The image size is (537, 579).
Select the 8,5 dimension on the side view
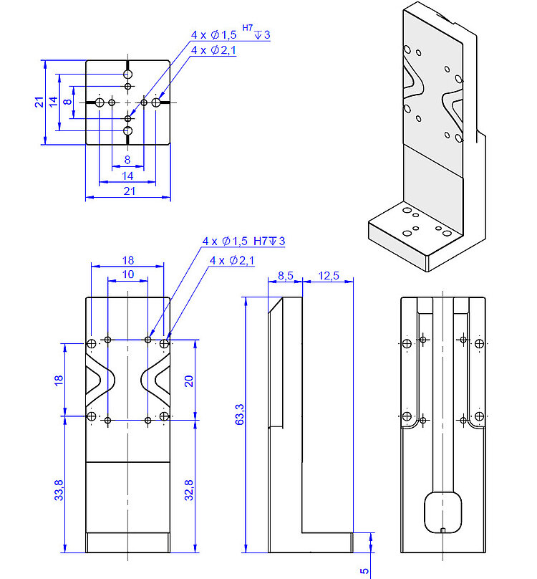pos(284,275)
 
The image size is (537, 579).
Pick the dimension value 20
pos(189,380)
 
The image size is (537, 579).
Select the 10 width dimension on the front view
pos(127,274)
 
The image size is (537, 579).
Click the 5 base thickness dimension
pos(364,570)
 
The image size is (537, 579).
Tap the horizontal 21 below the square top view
pos(129,191)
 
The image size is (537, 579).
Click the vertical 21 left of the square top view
pos(39,102)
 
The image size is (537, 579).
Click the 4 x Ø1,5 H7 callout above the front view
pos(243,241)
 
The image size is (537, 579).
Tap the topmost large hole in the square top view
pos(128,75)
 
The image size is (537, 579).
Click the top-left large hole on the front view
pos(91,345)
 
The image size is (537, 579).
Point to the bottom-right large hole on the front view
pos(165,416)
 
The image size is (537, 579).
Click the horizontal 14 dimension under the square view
pos(128,175)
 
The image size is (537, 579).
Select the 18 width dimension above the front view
pos(127,260)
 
